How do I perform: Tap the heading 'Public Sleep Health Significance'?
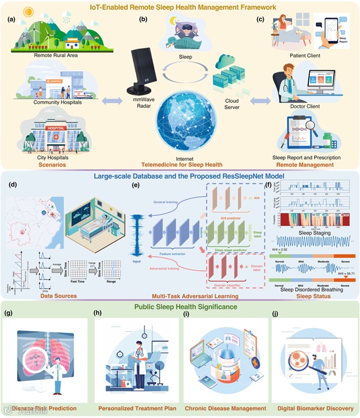pos(180,307)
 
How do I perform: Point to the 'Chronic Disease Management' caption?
pos(227,408)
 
